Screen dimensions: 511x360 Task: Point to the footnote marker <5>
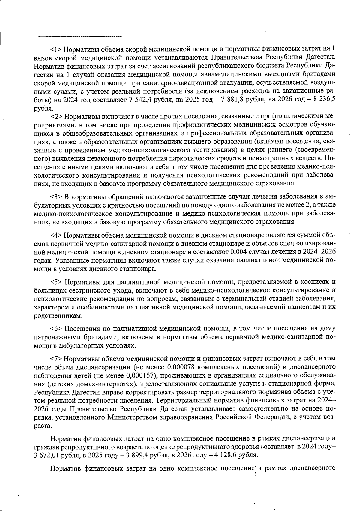point(56,282)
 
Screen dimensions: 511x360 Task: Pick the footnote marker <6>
point(56,328)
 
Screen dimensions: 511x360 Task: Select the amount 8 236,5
point(323,100)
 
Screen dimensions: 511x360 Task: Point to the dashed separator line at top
point(80,37)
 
